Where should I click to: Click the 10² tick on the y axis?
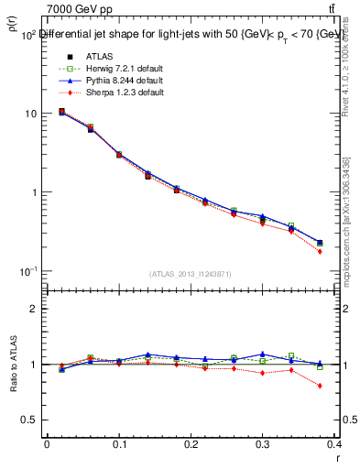point(27,35)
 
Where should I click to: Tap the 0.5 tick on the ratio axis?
point(29,420)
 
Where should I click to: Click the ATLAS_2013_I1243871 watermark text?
point(190,274)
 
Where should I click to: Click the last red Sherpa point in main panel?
point(320,251)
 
